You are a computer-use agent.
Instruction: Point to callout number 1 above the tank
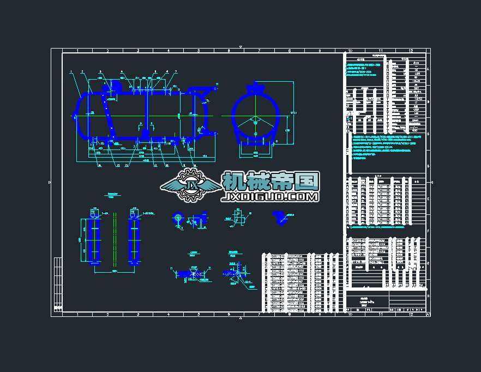click(71, 72)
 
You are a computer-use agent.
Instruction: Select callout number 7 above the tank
click(176, 72)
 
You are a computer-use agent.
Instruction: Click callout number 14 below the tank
click(100, 165)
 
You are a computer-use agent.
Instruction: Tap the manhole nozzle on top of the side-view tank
click(114, 86)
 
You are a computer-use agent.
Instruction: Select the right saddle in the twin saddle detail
click(134, 241)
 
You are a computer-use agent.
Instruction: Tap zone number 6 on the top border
click(229, 51)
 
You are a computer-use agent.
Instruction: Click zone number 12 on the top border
click(410, 51)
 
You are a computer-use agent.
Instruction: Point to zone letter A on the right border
click(428, 70)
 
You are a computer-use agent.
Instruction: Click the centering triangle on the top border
click(240, 47)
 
